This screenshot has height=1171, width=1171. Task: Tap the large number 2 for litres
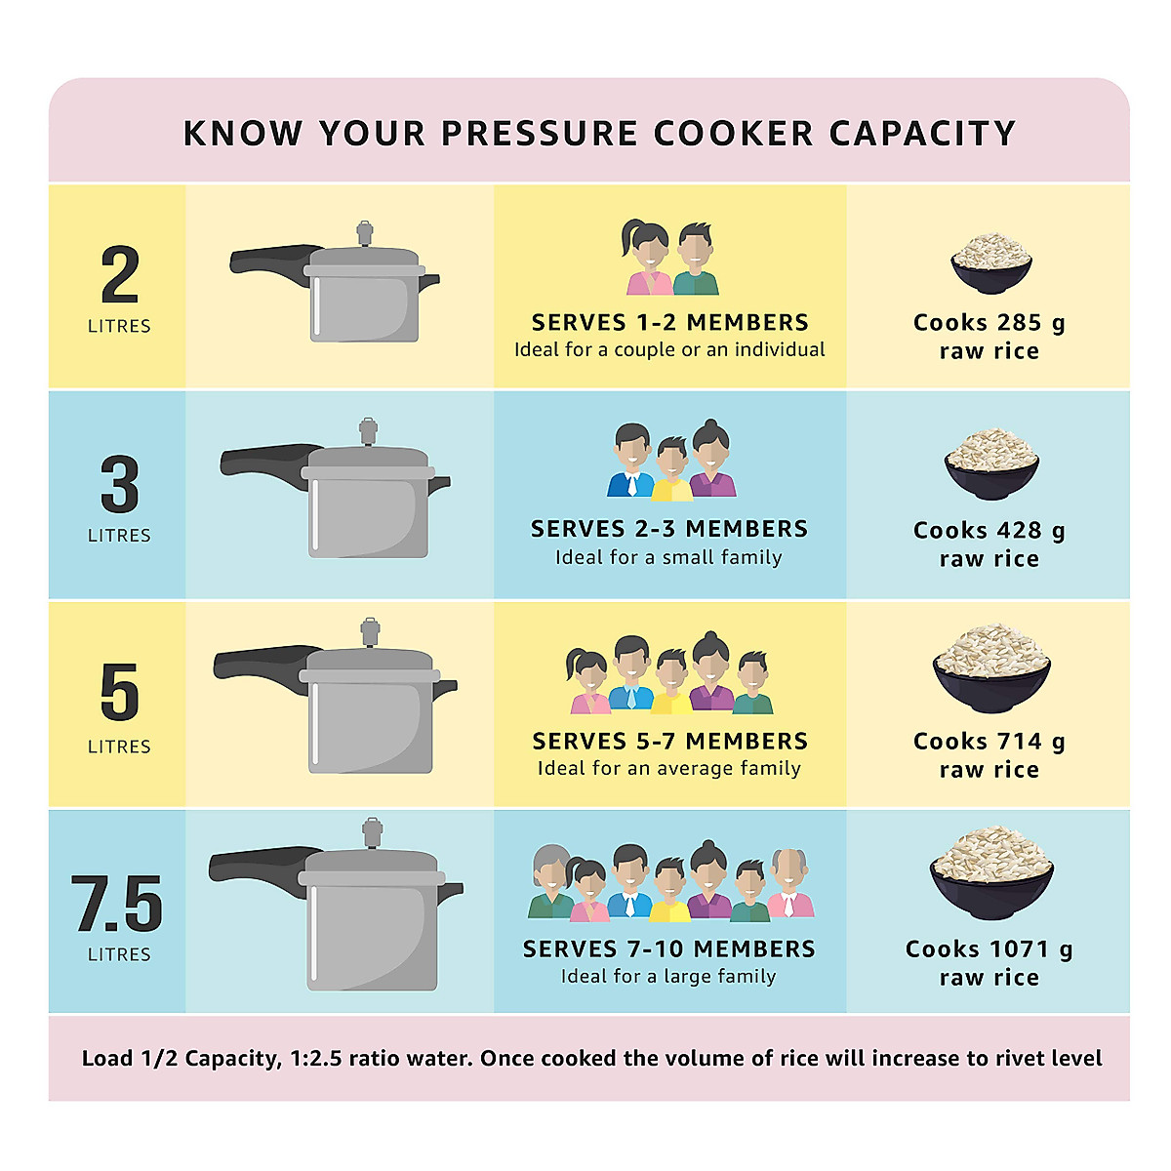click(120, 276)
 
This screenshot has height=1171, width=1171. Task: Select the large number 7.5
click(117, 905)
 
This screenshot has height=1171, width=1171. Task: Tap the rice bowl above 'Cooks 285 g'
click(991, 262)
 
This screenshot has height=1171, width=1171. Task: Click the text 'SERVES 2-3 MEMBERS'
click(669, 529)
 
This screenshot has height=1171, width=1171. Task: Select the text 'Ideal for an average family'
click(669, 768)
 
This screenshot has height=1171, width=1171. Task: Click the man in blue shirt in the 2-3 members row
click(631, 463)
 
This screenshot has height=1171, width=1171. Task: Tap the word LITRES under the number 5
click(119, 747)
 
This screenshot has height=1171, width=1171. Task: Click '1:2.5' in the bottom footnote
click(316, 1059)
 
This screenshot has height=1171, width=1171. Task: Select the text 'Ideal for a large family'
click(668, 976)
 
